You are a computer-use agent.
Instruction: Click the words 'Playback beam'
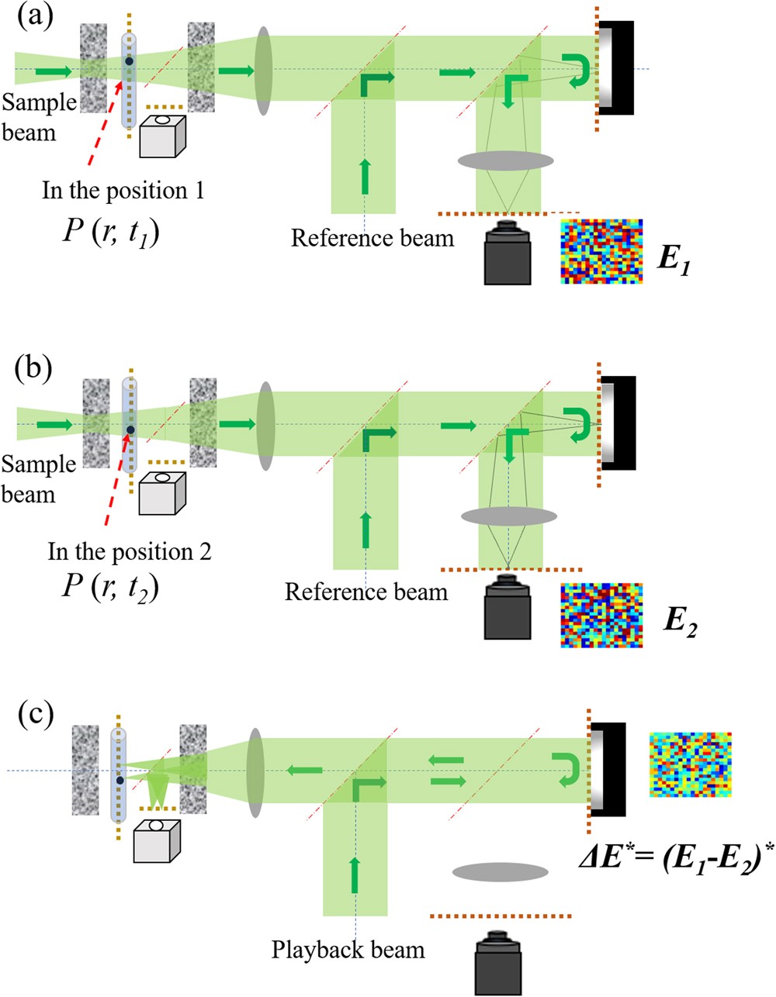(x=348, y=950)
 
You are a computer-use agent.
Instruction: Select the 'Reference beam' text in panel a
(x=372, y=237)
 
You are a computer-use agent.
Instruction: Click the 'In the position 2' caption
(x=130, y=552)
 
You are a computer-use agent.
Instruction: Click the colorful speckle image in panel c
(x=690, y=764)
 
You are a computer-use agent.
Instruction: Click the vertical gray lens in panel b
(x=266, y=426)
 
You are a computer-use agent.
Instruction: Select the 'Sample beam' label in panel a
(x=37, y=116)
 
